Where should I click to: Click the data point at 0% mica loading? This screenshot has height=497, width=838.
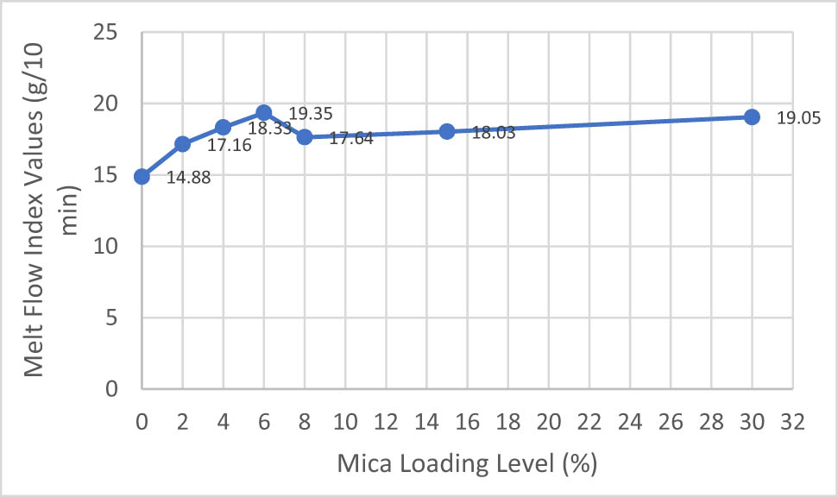[x=142, y=177]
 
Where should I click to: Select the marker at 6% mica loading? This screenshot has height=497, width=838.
[x=264, y=113]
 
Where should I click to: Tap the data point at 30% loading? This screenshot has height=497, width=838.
[x=752, y=116]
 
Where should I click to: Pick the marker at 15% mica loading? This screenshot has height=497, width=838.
[x=447, y=131]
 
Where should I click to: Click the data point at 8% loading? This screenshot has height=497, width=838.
[x=305, y=137]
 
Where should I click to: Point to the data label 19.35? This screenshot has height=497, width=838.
[x=311, y=113]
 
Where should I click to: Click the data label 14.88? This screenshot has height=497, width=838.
[x=181, y=181]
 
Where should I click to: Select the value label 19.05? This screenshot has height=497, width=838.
[x=797, y=118]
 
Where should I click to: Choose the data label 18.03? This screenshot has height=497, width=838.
[x=494, y=134]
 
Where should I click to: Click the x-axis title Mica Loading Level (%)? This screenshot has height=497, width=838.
[x=466, y=463]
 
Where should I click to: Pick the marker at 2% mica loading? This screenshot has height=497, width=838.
[x=183, y=144]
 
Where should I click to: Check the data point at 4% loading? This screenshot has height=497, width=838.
[x=224, y=128]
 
